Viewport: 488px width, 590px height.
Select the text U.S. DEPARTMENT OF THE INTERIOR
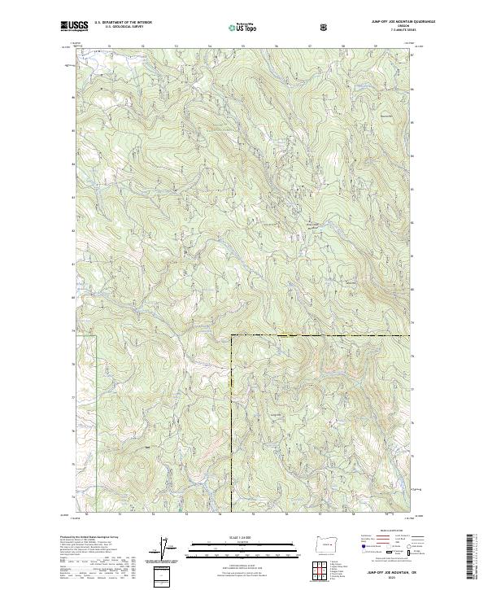point(123,22)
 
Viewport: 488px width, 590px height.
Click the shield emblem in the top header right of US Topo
point(326,26)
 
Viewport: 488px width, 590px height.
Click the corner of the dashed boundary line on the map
point(232,335)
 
